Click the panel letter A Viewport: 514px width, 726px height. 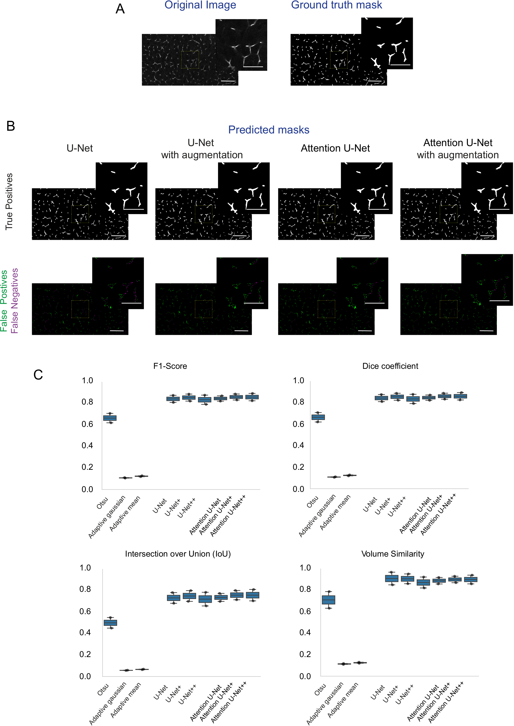pos(120,9)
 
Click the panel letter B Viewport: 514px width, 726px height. pos(10,126)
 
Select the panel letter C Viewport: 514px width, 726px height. pos(38,375)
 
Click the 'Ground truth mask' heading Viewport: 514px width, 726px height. pos(336,5)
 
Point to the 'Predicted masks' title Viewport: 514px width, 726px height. pos(269,130)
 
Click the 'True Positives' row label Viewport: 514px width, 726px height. pos(9,202)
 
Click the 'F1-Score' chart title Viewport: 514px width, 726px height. pos(170,366)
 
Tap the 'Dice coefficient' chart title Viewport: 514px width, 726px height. pos(390,366)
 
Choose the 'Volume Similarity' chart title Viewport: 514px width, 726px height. pos(392,554)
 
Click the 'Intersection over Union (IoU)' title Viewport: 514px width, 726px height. pos(178,554)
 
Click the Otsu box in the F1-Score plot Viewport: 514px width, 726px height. pos(110,418)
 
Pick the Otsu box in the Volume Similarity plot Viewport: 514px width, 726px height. pos(328,600)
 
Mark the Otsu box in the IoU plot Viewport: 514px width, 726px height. pos(110,623)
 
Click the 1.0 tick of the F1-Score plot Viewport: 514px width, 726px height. pos(87,380)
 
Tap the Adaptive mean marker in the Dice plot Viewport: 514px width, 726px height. pos(350,475)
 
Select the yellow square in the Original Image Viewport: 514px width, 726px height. pos(190,60)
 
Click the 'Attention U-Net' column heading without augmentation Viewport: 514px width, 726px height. pos(335,148)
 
